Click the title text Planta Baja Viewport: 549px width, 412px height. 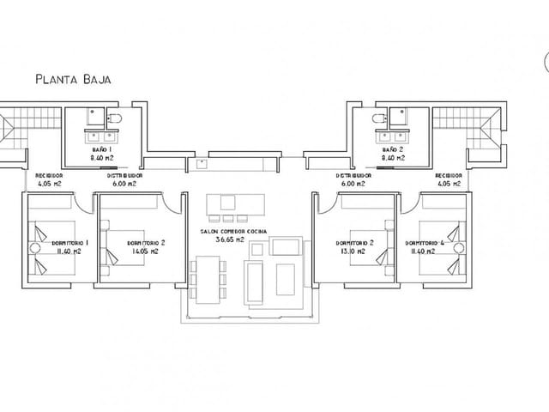point(73,80)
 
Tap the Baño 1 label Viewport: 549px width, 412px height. point(102,149)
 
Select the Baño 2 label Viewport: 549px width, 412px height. point(394,149)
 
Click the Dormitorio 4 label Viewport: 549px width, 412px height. point(424,243)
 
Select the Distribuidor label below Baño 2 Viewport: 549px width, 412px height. point(353,175)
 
